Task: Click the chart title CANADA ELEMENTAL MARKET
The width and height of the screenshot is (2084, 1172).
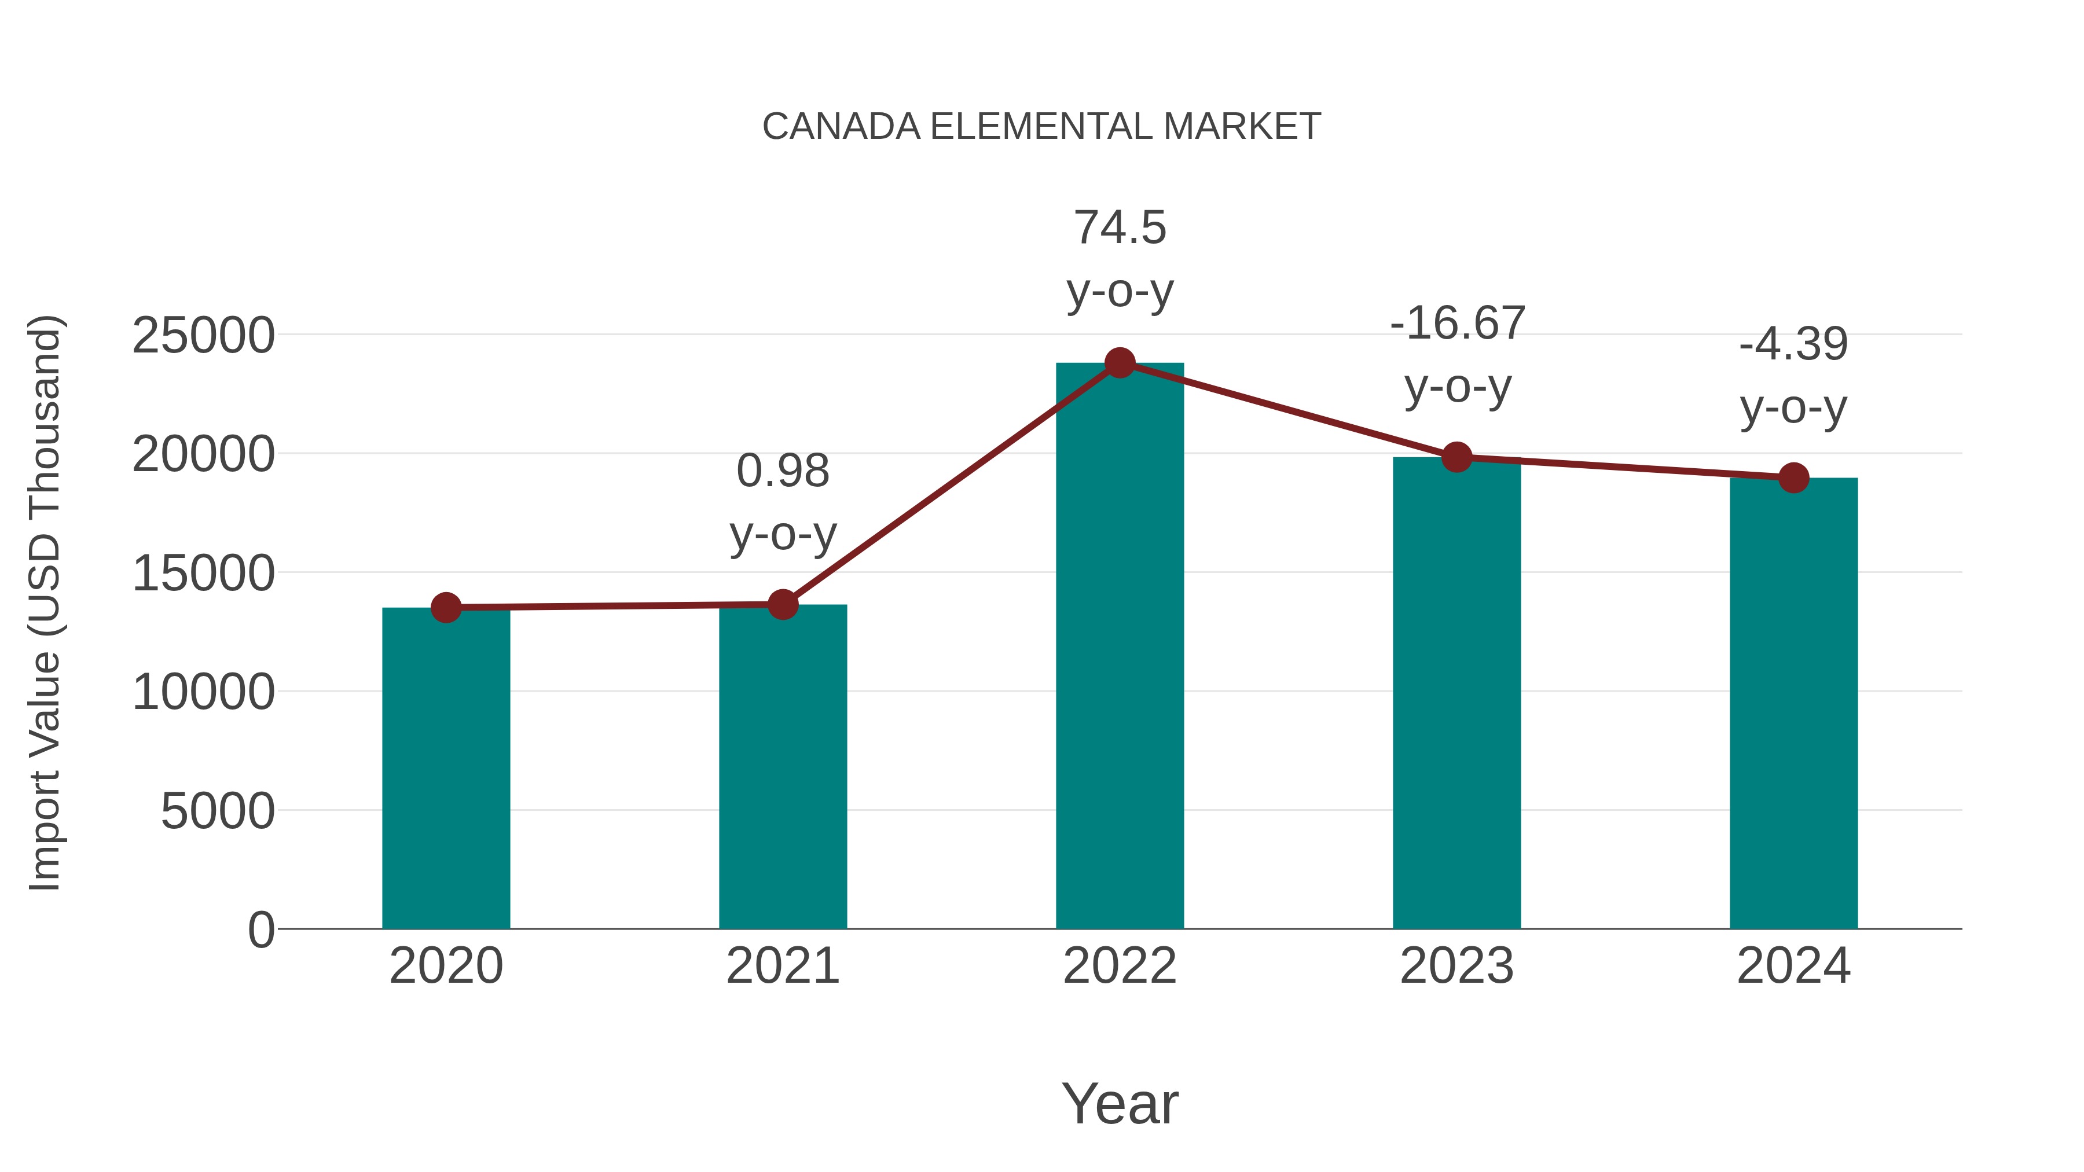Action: click(x=1041, y=127)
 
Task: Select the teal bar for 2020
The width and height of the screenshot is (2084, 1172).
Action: click(x=446, y=769)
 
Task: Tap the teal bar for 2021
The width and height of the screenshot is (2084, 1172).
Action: click(x=782, y=769)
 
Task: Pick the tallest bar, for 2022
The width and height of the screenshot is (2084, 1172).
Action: click(x=1120, y=647)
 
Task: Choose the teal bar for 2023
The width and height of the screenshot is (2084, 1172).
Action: click(x=1456, y=696)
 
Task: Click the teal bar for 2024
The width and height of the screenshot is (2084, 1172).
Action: click(x=1793, y=704)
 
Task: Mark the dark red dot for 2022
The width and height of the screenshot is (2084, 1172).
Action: click(x=1120, y=363)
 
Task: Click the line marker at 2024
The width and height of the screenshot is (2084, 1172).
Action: click(x=1793, y=478)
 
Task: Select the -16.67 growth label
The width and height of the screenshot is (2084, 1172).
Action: click(x=1457, y=324)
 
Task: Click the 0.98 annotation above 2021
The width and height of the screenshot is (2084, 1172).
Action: click(x=782, y=472)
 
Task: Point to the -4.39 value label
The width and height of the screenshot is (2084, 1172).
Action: click(x=1793, y=344)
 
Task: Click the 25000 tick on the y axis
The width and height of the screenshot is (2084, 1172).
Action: click(x=203, y=336)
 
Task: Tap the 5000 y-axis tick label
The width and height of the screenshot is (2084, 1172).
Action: click(x=218, y=811)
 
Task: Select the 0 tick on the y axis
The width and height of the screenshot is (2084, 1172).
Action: click(x=260, y=929)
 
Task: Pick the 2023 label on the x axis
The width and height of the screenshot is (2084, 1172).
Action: click(x=1456, y=966)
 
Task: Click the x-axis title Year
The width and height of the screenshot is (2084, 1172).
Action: click(x=1120, y=1103)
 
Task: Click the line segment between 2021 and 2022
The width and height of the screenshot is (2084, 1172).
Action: click(x=951, y=484)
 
